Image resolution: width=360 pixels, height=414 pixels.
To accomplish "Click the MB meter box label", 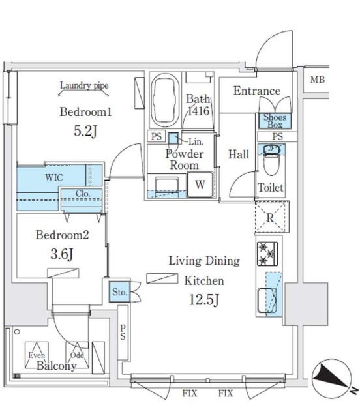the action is [317, 79].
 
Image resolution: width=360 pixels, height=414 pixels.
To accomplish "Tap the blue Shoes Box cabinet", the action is [275, 121].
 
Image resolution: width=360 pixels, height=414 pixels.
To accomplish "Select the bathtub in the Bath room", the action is [166, 100].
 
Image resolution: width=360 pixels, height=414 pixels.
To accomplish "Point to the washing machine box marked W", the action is [200, 185].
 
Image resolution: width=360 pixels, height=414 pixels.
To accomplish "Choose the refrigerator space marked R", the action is [272, 216].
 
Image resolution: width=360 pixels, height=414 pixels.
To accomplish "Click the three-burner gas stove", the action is [267, 254].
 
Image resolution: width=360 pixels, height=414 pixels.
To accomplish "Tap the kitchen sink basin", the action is [267, 301].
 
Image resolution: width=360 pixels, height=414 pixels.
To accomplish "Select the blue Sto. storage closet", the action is [119, 292].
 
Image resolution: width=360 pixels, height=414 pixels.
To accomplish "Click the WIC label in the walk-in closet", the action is [54, 177].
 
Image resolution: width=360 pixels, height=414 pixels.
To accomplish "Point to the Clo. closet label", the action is [83, 194].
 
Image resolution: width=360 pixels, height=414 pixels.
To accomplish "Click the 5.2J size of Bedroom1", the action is [85, 131].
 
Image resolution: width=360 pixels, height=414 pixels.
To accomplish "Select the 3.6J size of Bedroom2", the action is [61, 254].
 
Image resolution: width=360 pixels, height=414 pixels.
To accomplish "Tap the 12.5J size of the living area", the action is [204, 299].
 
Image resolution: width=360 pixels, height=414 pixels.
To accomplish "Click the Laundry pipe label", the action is [84, 85].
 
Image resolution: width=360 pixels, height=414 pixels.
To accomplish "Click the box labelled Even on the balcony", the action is [37, 355].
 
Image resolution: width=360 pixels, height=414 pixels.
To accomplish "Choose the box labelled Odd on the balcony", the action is [77, 355].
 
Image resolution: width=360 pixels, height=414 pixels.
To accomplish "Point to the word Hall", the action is [239, 155].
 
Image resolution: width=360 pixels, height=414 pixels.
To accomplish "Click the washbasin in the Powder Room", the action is [166, 186].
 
